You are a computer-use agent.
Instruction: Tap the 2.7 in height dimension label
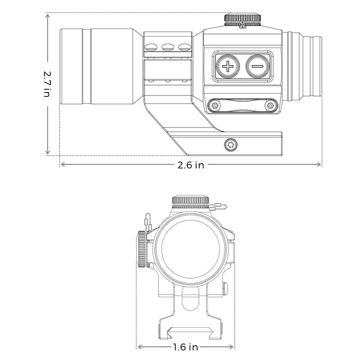47,83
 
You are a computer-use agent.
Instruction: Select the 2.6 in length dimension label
191,165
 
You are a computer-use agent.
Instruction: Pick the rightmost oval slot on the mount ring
184,46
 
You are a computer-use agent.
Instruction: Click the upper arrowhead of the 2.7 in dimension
47,15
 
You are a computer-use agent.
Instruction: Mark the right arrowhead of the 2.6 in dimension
320,165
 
